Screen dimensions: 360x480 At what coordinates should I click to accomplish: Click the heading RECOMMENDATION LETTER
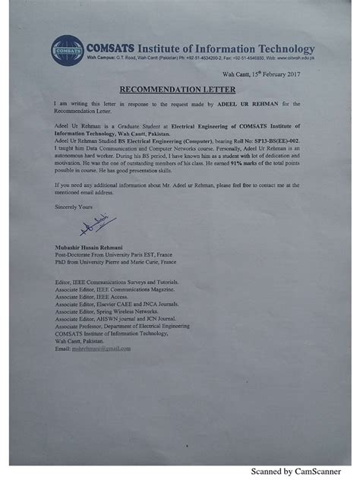tap(179, 87)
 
